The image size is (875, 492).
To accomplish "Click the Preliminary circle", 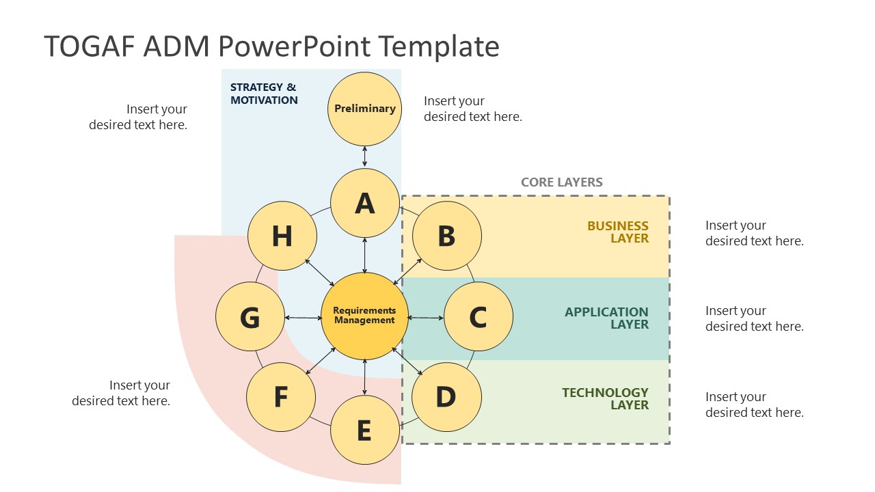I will (364, 109).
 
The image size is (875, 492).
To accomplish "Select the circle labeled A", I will (364, 204).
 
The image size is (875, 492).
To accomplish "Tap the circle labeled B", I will (447, 236).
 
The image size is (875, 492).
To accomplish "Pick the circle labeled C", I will (478, 317).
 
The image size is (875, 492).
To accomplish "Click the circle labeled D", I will (446, 397).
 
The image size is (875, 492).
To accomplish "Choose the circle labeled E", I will (364, 430).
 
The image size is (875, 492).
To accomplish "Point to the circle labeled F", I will (280, 397).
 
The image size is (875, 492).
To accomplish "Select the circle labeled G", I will (250, 317).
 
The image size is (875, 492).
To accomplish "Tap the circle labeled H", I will (282, 236).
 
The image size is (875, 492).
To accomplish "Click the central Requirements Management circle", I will (364, 316).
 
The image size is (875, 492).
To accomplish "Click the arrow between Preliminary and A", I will (364, 156).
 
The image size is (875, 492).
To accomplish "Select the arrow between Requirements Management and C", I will (425, 317).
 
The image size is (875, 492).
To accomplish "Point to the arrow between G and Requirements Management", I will (303, 317).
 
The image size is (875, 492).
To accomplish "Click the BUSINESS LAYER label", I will (618, 232).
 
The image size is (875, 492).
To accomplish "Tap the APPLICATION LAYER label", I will (606, 318).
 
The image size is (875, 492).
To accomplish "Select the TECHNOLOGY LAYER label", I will (605, 398).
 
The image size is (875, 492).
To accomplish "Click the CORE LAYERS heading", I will (561, 182).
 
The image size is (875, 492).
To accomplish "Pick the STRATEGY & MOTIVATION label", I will (264, 94).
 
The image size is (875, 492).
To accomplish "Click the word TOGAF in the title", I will (91, 46).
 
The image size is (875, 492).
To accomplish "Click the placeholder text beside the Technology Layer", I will (754, 405).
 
